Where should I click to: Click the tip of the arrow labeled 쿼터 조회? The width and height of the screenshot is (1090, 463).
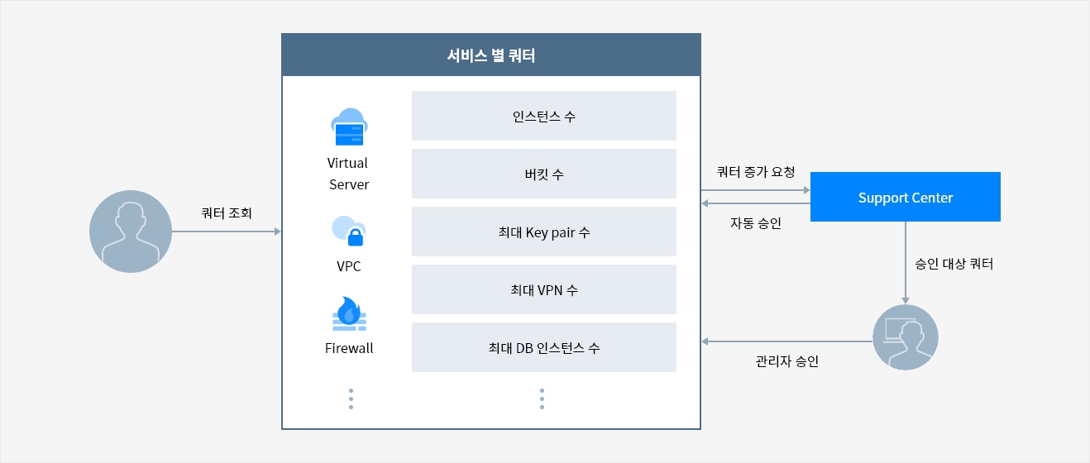(281, 231)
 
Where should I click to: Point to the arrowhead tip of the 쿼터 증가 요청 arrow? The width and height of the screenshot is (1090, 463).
(810, 190)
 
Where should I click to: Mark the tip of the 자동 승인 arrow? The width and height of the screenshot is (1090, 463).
(701, 203)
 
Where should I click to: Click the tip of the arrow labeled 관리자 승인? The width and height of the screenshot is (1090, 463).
(701, 341)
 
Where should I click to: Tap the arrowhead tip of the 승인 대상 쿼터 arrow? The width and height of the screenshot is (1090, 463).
(906, 304)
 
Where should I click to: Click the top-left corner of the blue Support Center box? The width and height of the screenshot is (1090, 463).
(810, 172)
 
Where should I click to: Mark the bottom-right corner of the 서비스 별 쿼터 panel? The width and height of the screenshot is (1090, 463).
(701, 429)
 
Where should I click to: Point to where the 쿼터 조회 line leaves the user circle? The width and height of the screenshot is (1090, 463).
(172, 231)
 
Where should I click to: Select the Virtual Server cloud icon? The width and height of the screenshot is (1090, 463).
(349, 126)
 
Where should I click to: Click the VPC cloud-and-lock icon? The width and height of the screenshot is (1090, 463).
(349, 231)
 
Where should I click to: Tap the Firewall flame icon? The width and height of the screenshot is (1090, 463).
(349, 313)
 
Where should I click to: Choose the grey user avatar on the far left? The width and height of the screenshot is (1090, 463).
(131, 231)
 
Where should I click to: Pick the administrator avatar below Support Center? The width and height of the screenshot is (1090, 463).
(906, 337)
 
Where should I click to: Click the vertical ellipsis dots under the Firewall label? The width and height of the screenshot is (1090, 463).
(351, 399)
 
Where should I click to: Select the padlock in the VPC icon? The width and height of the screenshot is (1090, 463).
(356, 237)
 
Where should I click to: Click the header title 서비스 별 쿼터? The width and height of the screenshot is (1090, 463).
(491, 55)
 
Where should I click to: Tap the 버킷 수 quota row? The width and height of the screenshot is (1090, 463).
(544, 174)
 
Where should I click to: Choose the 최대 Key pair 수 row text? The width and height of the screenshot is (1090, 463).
(544, 232)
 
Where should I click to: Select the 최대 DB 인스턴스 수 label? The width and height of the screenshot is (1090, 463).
(544, 348)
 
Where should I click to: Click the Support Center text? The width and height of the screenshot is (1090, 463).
(906, 198)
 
